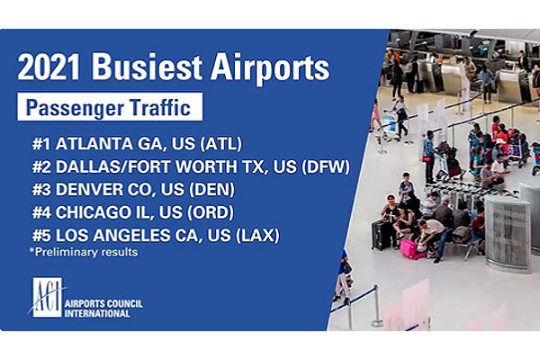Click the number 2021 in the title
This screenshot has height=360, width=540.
tap(49, 67)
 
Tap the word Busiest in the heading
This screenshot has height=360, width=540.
tap(147, 67)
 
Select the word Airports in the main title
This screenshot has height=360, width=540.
tap(270, 69)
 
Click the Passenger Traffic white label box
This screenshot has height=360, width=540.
tap(110, 106)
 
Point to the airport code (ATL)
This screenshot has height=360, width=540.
tap(220, 144)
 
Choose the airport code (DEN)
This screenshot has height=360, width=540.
tap(211, 189)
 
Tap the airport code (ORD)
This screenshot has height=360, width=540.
tap(211, 212)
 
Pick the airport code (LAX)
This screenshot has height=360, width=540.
tap(257, 235)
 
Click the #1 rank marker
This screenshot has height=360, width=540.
tap(41, 144)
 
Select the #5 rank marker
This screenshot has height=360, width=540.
tap(41, 235)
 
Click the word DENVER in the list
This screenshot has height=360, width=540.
tap(85, 189)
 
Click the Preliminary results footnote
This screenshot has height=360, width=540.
tap(84, 252)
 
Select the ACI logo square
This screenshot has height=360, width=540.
tap(47, 297)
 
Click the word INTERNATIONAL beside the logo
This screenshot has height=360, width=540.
tap(97, 313)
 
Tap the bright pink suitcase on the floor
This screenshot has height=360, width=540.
tap(410, 250)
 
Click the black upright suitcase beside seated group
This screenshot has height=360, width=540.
tap(380, 235)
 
